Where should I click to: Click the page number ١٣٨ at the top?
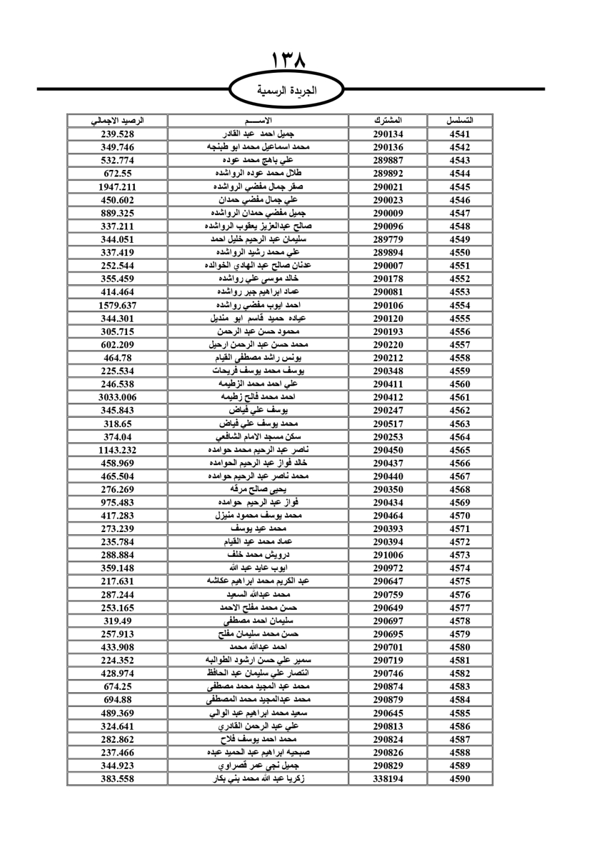point(288,60)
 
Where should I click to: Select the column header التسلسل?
point(459,121)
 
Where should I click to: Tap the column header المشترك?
point(388,121)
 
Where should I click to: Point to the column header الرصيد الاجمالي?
point(117,121)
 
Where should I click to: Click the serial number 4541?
point(459,134)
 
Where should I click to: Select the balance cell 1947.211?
point(117,187)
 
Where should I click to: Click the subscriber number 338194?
point(388,778)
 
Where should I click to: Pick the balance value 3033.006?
point(117,397)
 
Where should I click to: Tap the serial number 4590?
point(459,778)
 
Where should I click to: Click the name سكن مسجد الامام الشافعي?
point(258,437)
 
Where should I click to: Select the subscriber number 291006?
point(388,555)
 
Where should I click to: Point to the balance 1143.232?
point(117,450)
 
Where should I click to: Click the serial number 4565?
point(459,450)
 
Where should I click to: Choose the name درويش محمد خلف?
point(258,555)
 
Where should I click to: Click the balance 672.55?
point(117,174)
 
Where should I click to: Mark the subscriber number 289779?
point(388,239)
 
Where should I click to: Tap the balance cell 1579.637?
point(117,305)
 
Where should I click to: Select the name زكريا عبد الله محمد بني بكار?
point(258,778)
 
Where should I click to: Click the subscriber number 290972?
point(388,568)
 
